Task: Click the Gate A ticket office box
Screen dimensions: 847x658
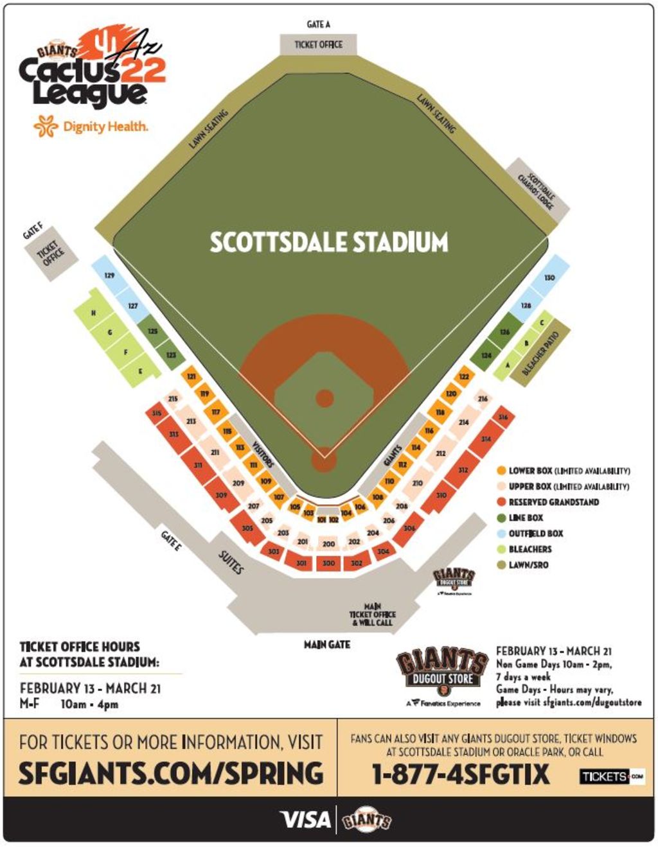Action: pyautogui.click(x=318, y=44)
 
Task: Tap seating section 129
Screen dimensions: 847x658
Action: pyautogui.click(x=110, y=275)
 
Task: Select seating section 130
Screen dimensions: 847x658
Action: pyautogui.click(x=549, y=277)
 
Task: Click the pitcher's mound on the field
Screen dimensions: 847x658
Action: pyautogui.click(x=325, y=398)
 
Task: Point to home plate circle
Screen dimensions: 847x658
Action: pyautogui.click(x=324, y=460)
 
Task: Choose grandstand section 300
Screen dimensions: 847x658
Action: pyautogui.click(x=328, y=563)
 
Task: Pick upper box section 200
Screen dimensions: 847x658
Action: pyautogui.click(x=328, y=544)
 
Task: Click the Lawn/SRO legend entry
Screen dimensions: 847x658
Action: pyautogui.click(x=528, y=565)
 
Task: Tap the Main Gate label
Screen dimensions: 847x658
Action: pyautogui.click(x=326, y=644)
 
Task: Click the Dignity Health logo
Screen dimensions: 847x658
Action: pyautogui.click(x=91, y=126)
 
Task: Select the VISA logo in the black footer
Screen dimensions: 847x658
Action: pyautogui.click(x=305, y=819)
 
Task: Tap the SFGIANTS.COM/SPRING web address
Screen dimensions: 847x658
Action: pyautogui.click(x=170, y=773)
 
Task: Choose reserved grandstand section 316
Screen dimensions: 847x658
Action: pyautogui.click(x=503, y=417)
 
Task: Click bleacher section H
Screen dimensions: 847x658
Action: pyautogui.click(x=94, y=313)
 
